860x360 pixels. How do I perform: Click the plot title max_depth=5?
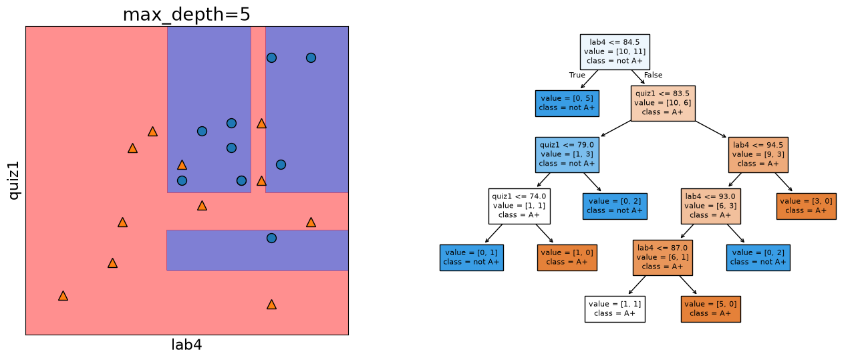point(186,15)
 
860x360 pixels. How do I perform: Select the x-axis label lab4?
point(186,345)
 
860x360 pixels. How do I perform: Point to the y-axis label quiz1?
point(14,180)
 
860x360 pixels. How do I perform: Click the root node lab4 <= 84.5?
point(615,52)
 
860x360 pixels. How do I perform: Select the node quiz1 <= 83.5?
point(663,104)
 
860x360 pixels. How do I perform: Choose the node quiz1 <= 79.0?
point(567,155)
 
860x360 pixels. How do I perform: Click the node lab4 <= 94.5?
point(758,155)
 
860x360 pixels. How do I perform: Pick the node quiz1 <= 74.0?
point(519,206)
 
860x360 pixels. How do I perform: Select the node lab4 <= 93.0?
point(710,206)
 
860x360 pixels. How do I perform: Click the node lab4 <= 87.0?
point(663,258)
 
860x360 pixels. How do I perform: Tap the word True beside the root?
point(577,75)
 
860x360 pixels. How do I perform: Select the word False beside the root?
point(653,75)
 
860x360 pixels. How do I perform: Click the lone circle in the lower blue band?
point(271,238)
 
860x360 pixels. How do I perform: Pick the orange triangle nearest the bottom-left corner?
point(63,296)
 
